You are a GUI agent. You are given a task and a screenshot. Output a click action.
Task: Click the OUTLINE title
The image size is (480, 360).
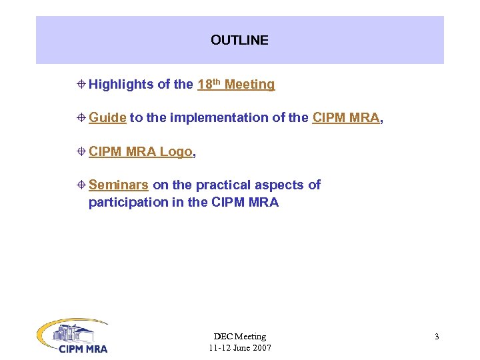pos(239,40)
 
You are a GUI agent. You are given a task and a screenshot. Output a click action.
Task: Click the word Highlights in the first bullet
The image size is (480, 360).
pos(121,85)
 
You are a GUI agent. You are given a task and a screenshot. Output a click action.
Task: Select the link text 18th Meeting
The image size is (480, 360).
pos(236,85)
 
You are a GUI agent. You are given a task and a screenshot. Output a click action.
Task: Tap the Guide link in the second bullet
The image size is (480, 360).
pos(107,118)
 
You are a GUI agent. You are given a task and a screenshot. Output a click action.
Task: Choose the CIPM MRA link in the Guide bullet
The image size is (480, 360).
pos(345,118)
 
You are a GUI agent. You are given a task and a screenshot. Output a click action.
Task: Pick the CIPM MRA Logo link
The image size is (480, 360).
pos(140,152)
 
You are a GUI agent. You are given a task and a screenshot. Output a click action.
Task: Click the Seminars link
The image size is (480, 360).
pos(118,185)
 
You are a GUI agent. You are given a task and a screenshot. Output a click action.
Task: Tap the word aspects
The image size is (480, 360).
pos(281,185)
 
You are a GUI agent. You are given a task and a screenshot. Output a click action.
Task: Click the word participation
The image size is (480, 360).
pos(128,203)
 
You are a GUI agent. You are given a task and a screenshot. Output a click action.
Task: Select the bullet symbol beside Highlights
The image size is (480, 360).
pos(81,85)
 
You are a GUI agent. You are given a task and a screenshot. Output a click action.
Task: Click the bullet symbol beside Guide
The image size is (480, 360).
pos(81,118)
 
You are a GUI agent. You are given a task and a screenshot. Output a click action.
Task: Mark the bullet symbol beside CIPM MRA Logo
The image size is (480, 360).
pos(81,152)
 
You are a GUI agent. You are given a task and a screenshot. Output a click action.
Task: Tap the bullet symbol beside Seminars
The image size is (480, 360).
pos(81,185)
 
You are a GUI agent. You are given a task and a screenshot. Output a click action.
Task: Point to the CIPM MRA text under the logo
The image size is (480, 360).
pos(83,348)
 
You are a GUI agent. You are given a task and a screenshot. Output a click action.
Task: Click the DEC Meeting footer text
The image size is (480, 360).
pos(239,337)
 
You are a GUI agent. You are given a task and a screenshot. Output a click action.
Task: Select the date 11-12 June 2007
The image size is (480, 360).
pos(239,348)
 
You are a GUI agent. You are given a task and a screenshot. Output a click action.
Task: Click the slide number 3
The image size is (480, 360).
pos(437,337)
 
